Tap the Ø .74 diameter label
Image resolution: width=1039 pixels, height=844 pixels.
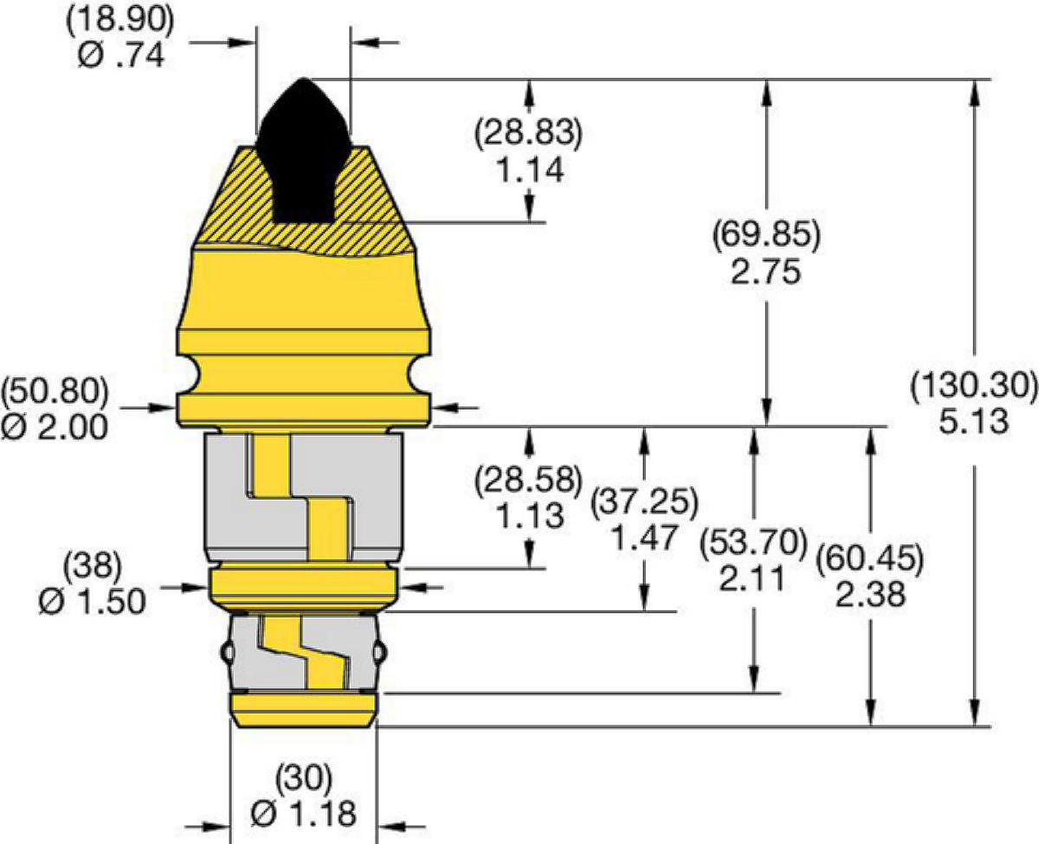pyautogui.click(x=120, y=55)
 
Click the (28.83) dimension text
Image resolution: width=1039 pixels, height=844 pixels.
pyautogui.click(x=529, y=133)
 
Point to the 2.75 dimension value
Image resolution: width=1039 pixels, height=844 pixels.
pyautogui.click(x=766, y=272)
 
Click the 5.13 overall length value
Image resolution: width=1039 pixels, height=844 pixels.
pyautogui.click(x=974, y=422)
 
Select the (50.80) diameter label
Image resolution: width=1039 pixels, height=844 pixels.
pyautogui.click(x=55, y=391)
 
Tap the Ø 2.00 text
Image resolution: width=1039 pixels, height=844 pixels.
pyautogui.click(x=55, y=427)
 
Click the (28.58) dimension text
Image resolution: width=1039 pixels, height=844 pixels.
pyautogui.click(x=529, y=479)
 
